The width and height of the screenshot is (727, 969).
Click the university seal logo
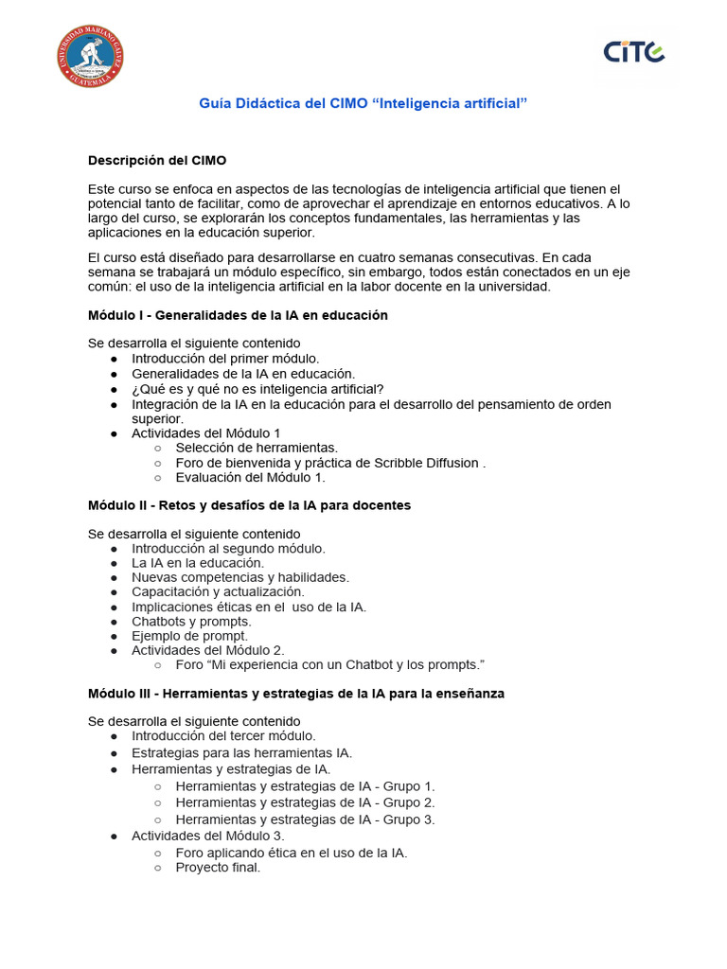click(90, 57)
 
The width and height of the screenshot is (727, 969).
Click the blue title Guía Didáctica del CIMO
click(363, 102)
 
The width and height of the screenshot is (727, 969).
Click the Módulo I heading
click(238, 315)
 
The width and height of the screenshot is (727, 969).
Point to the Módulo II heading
click(249, 505)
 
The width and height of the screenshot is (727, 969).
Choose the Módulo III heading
click(296, 694)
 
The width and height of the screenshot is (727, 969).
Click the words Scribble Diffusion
click(433, 463)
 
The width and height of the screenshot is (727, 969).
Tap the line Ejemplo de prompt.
click(189, 637)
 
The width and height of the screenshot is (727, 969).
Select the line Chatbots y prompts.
click(191, 622)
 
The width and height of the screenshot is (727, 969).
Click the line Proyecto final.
click(218, 867)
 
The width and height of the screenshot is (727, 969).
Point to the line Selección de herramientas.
click(257, 448)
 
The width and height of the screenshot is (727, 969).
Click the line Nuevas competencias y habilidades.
click(240, 576)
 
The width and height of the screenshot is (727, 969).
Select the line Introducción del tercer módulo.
click(223, 735)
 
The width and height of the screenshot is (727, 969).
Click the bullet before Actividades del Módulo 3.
click(114, 837)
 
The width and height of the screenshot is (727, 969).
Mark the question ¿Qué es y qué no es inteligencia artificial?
click(257, 389)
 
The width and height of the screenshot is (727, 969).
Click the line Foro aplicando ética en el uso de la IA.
click(292, 853)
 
